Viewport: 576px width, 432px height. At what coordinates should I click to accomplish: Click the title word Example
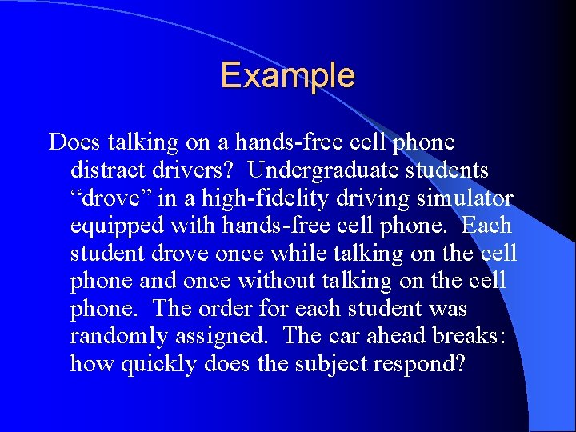pos(287,76)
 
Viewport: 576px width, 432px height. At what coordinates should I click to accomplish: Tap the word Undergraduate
pos(320,170)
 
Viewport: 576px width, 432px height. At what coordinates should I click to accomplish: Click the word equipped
pos(117,226)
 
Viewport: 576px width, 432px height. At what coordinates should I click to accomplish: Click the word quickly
pos(157,364)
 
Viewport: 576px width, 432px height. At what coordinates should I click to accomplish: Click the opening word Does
pos(72,143)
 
